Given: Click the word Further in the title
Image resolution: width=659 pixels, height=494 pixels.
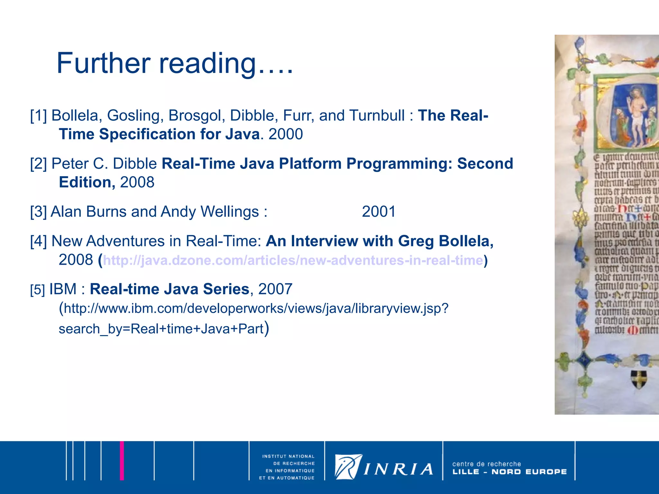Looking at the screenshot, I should (103, 63).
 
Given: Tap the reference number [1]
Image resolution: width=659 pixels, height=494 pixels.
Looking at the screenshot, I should (38, 115).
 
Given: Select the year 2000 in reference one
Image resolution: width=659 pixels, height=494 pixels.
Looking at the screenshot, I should (285, 134).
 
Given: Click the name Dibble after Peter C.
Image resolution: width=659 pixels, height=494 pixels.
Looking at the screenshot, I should (135, 164).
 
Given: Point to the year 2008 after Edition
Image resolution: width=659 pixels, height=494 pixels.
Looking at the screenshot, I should (137, 182).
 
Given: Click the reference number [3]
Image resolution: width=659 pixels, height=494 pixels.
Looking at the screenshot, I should (38, 212).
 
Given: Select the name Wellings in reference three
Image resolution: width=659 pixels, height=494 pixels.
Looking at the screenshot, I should (229, 212).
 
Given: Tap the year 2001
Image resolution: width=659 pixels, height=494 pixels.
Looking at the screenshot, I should (378, 212).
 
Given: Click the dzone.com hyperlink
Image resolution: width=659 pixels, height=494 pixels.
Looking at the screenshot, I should (293, 260).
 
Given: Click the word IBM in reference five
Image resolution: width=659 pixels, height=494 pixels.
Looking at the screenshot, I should (63, 289).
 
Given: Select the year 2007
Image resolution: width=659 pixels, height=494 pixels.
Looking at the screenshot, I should (275, 289).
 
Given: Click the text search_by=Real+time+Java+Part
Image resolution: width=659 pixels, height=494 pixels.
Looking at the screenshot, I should (161, 329).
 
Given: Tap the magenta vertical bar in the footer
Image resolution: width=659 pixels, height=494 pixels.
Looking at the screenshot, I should (122, 461).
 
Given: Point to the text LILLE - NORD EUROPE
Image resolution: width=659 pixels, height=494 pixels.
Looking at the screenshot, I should (509, 472).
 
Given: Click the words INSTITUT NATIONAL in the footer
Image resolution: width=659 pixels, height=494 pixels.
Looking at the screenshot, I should (288, 456).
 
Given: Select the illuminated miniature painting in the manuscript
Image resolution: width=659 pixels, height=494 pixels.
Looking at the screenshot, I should (625, 114).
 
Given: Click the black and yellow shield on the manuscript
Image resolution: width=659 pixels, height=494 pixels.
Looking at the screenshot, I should (638, 379).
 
